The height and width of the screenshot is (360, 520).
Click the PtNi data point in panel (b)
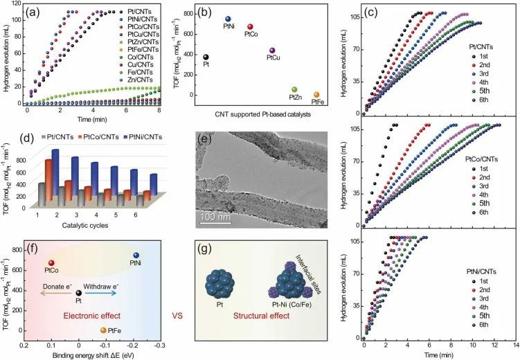pyautogui.click(x=228, y=19)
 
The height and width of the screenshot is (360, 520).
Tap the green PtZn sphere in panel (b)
pyautogui.click(x=294, y=90)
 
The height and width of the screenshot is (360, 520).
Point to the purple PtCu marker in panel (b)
pyautogui.click(x=273, y=51)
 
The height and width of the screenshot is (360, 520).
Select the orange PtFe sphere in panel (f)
pyautogui.click(x=103, y=331)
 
